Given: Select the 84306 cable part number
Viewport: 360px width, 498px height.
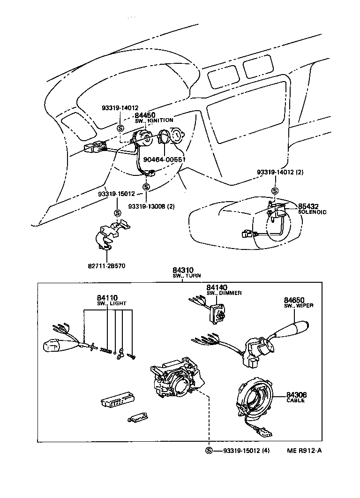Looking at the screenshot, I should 295,395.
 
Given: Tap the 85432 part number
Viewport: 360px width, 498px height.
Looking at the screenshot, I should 308,206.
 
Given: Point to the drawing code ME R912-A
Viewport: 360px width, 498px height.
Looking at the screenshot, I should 305,451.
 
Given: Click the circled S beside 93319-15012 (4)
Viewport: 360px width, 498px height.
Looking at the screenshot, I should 209,451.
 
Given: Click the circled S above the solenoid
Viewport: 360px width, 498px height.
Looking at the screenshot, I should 275,191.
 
